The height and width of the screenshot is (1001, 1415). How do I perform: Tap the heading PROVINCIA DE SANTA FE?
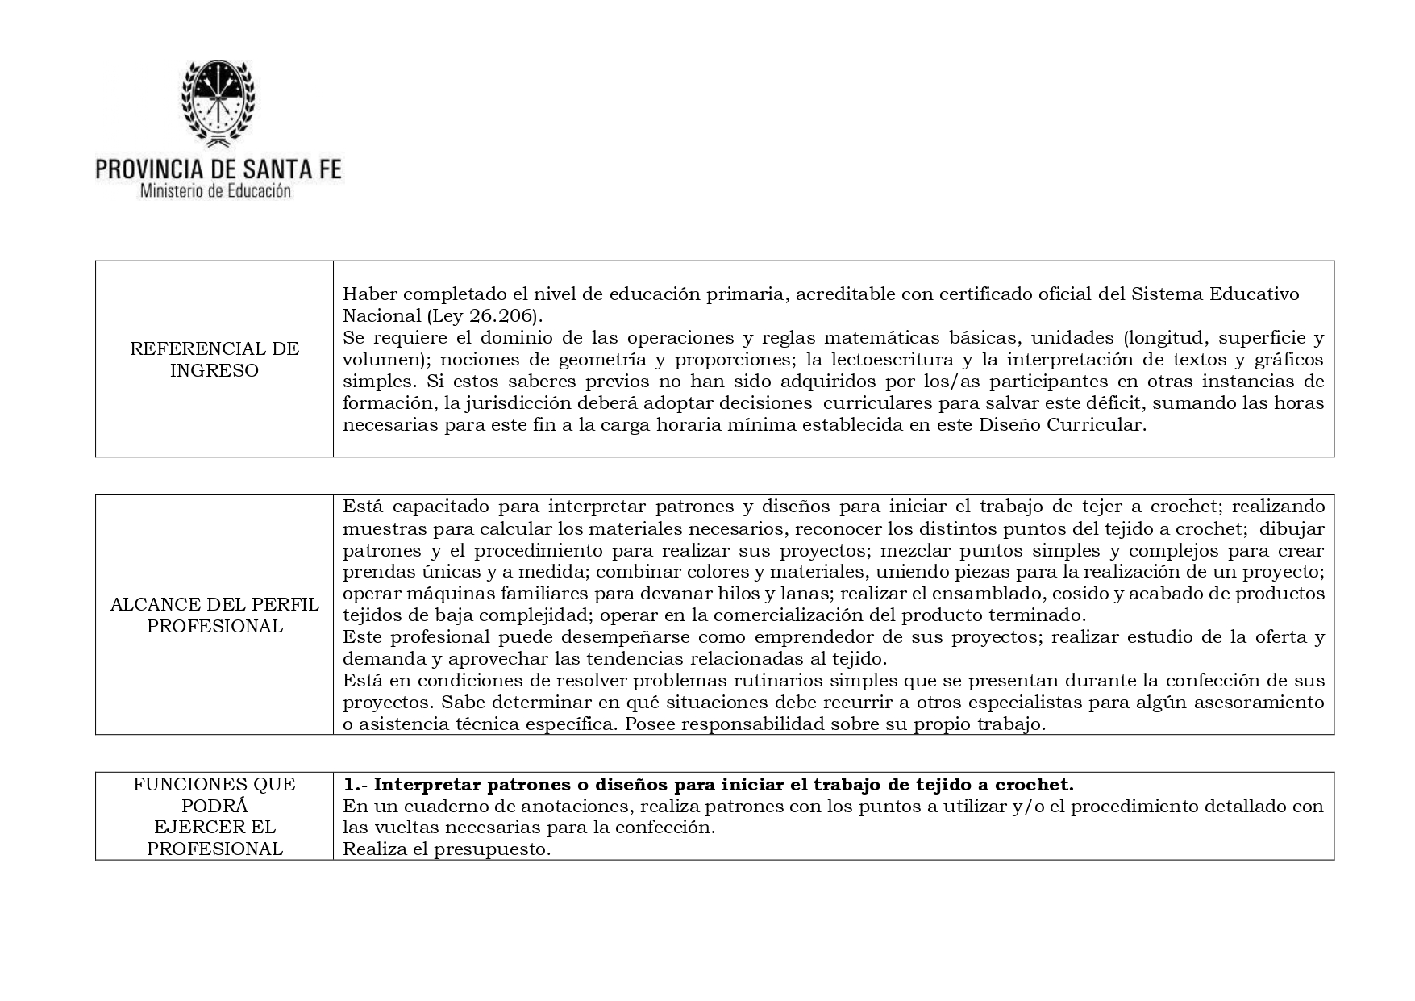(218, 169)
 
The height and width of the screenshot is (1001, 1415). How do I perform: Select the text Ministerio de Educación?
(215, 192)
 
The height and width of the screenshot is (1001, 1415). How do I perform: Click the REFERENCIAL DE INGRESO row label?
(214, 360)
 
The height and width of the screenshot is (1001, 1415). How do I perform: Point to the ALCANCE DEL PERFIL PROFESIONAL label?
(214, 615)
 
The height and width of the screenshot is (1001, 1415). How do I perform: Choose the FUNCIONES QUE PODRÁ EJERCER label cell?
(214, 816)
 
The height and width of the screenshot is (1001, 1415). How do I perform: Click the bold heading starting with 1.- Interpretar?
(708, 785)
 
